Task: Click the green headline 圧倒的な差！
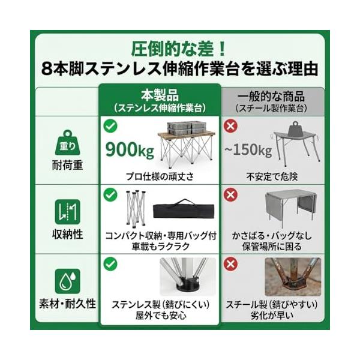(178, 49)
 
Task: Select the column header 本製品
(160, 95)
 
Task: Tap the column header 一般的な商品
(271, 97)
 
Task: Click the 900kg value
(130, 149)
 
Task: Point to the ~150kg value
(248, 149)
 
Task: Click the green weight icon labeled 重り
(67, 143)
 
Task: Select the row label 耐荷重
(67, 165)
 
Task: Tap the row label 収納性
(67, 235)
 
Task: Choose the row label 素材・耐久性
(67, 304)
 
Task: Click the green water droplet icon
(67, 281)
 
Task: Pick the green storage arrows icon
(67, 212)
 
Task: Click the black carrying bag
(184, 209)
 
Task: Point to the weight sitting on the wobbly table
(295, 129)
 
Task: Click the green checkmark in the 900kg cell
(110, 126)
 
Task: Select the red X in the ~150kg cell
(230, 126)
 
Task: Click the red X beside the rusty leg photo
(230, 264)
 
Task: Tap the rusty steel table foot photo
(293, 277)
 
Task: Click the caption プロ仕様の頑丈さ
(160, 176)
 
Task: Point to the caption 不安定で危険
(272, 176)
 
